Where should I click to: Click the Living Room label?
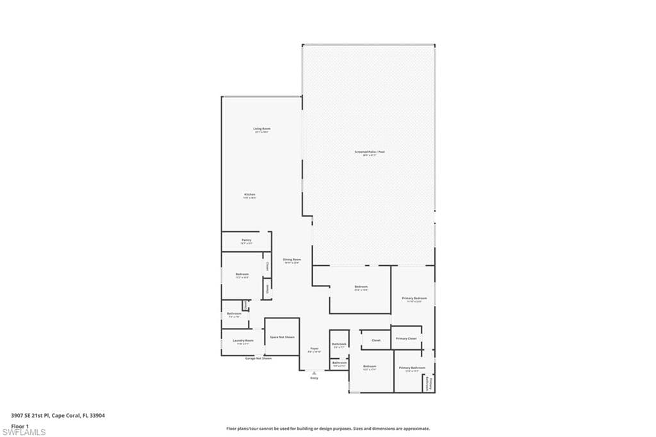pos(262,130)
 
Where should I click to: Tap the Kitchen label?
pos(250,195)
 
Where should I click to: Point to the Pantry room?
pos(247,242)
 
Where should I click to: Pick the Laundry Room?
pos(243,342)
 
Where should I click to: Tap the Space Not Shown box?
pos(282,337)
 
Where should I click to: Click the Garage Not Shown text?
pos(258,358)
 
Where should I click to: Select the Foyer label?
pos(314,350)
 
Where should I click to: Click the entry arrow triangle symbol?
pos(314,372)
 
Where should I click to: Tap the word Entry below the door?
pos(314,378)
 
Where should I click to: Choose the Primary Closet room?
pos(406,338)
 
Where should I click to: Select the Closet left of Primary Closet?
pos(376,340)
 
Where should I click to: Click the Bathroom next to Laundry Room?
pos(234,314)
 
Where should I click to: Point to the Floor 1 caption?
pos(20,425)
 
